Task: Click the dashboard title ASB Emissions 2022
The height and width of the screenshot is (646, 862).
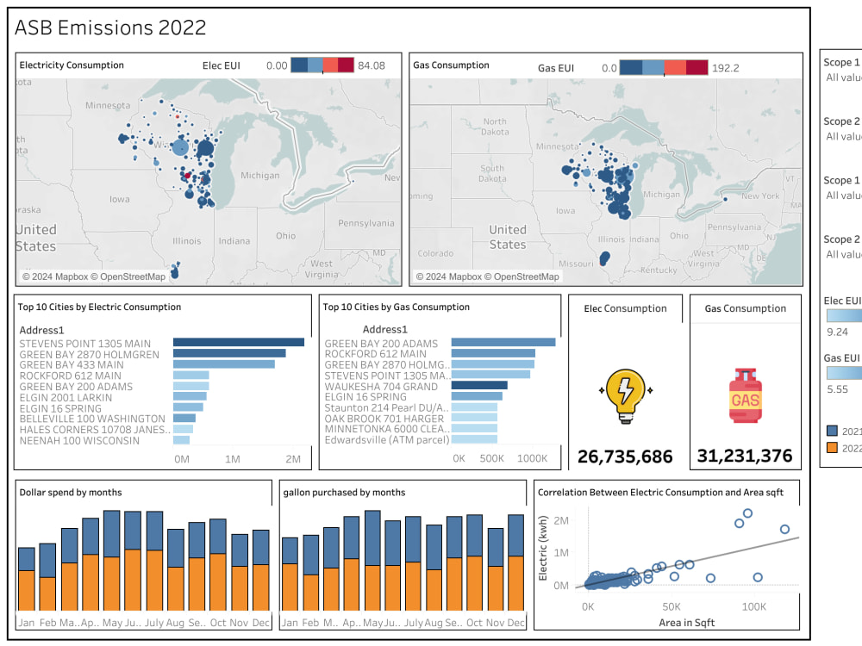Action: tap(110, 28)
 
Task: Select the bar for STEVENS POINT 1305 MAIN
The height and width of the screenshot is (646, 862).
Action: tap(238, 343)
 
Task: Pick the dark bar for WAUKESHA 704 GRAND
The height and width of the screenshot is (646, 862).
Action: tap(478, 386)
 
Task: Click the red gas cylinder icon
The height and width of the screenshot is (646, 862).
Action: tap(746, 395)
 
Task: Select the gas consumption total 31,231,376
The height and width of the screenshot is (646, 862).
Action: tap(746, 457)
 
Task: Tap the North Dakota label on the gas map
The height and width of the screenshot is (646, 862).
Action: tap(495, 127)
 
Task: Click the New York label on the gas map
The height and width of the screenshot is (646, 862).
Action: tap(759, 196)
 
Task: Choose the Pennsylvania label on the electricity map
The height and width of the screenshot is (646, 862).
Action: tap(365, 223)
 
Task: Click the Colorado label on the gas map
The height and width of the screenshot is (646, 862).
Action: tap(434, 253)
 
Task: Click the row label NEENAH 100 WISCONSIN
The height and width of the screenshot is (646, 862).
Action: tap(79, 440)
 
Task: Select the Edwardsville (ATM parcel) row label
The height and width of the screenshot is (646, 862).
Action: tap(387, 440)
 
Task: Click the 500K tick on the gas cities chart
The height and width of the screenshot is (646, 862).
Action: tap(491, 459)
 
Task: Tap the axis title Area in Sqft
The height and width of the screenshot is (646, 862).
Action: tap(687, 622)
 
